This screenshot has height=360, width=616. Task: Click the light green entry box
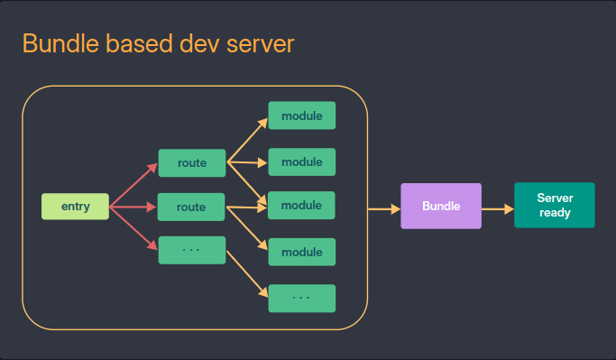75,207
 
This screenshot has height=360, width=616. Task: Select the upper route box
191,163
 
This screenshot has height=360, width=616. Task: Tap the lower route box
191,207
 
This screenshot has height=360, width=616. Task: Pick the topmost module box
301,115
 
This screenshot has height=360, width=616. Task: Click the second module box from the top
301,162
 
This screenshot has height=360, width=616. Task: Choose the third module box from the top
301,206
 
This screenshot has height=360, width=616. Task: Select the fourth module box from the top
301,252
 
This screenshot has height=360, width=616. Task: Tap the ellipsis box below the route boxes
191,250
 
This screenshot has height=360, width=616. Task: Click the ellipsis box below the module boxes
301,298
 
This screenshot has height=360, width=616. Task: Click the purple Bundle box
441,206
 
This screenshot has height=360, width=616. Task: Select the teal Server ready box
554,205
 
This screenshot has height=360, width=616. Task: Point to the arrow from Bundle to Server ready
497,207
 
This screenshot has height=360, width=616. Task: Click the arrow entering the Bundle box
384,208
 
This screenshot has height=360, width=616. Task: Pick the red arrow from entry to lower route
133,207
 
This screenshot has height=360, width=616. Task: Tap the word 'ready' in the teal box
555,213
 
